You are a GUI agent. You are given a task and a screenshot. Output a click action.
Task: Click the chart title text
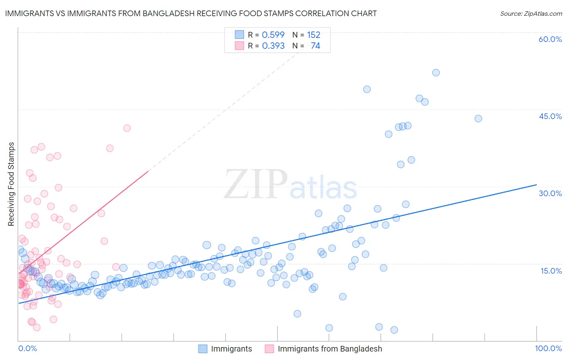coord(191,13)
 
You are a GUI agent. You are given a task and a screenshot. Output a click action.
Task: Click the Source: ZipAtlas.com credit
coord(531,13)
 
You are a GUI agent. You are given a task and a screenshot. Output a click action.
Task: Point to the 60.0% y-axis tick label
coord(550,39)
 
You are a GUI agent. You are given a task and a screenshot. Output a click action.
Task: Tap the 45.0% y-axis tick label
coord(550,116)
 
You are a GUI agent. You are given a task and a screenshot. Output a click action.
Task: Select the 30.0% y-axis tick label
coord(550,193)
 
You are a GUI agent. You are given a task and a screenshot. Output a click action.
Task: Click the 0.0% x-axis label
coord(27,348)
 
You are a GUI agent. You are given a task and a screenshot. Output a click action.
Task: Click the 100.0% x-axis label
coord(548,348)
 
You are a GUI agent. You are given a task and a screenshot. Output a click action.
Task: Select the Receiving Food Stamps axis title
coord(11,184)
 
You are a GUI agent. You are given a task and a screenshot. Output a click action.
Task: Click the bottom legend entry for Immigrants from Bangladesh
coord(329,349)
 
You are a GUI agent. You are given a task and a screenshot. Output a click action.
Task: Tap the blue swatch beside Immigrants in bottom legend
coord(203,349)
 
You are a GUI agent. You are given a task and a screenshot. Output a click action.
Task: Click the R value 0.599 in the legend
coord(273,35)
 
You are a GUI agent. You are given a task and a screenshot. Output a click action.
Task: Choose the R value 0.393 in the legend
coord(273,46)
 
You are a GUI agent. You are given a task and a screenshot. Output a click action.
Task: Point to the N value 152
coord(313,35)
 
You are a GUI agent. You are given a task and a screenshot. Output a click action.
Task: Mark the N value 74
coord(315,46)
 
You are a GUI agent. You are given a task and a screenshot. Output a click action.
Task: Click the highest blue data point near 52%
coord(436,73)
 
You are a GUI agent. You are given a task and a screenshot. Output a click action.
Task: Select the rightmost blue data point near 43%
coord(478,118)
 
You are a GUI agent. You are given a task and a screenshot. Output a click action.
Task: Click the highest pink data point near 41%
coord(127,128)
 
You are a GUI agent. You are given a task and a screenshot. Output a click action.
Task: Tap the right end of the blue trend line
coord(536,184)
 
